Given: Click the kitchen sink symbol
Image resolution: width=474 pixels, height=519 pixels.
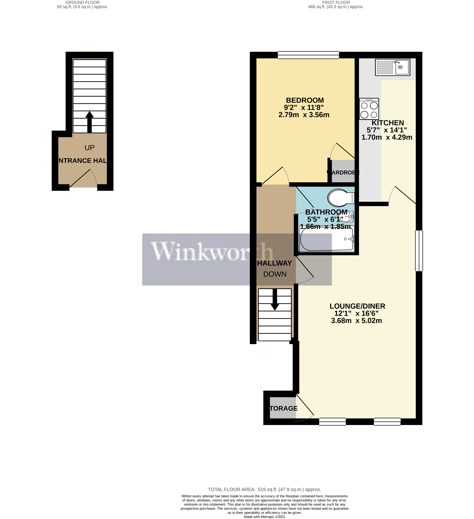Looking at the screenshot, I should pos(392,67).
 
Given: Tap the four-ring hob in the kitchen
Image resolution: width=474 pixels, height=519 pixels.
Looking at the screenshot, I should pos(369,109).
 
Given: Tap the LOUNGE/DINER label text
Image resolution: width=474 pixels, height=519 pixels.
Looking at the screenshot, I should pos(357,306).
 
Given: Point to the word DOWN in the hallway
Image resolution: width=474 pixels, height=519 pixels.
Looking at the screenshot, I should pos(275,274).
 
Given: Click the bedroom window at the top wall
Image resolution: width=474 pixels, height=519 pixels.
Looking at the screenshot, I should pos(308,55).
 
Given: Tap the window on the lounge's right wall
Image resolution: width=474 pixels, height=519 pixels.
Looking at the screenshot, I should pos(419,251).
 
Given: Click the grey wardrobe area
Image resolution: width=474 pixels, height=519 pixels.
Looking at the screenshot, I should pos(343,171).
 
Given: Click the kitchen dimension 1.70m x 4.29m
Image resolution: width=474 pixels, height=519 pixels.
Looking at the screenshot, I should pos(387,137).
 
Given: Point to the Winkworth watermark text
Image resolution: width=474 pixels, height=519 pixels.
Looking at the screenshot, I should pos(211,252).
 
